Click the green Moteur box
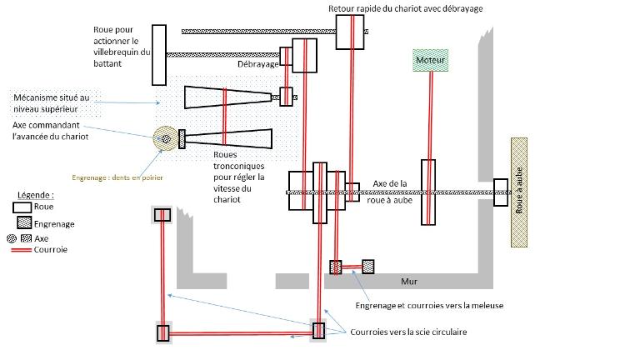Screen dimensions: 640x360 [x=430, y=60]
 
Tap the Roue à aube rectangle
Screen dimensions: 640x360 [x=519, y=192]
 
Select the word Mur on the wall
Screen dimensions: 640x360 [x=409, y=281]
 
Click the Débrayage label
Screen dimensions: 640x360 [x=258, y=64]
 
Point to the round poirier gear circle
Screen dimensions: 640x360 [x=165, y=138]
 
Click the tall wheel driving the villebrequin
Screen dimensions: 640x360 [x=159, y=55]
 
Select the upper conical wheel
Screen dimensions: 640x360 [x=227, y=97]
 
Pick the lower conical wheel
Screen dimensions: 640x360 [x=228, y=139]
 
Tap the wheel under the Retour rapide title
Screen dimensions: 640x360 [x=350, y=32]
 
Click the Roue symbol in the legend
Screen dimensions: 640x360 [x=22, y=207]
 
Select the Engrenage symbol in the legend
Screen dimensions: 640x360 [x=24, y=222]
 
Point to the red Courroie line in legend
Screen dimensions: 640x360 [x=21, y=250]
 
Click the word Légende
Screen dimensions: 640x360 [x=36, y=195]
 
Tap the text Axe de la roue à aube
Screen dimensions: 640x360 [x=390, y=192]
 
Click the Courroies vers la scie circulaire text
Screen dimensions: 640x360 [x=408, y=332]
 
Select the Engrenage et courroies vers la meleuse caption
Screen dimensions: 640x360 [x=429, y=305]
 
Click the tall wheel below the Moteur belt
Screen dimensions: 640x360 [x=428, y=192]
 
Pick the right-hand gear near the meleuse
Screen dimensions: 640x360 [x=367, y=267]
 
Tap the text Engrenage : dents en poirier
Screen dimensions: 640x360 [x=117, y=177]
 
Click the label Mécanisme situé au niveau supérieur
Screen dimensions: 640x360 [x=51, y=103]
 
